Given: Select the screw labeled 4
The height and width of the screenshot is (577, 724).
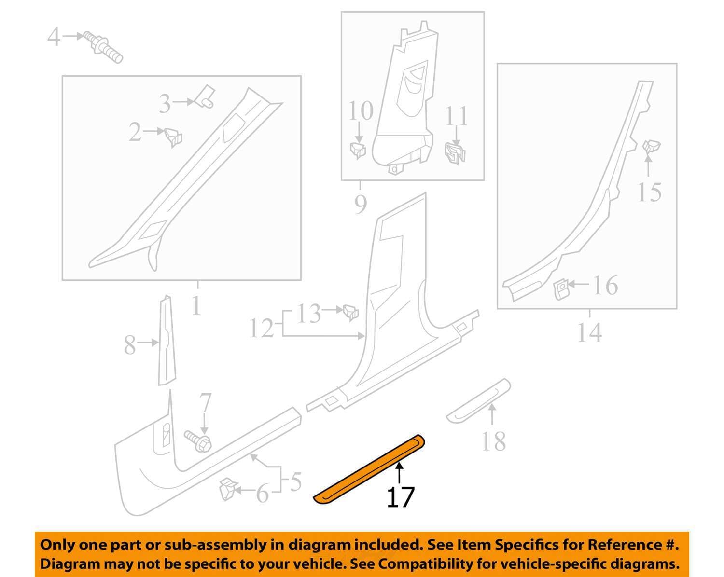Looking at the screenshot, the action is [x=103, y=47].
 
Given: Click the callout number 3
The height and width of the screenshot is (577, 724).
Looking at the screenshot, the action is [x=165, y=104].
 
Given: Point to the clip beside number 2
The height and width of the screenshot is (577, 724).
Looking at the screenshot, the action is [x=173, y=137].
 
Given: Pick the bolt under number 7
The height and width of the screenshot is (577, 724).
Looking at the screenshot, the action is [x=198, y=441].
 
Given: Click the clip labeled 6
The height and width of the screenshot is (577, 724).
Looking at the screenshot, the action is [x=228, y=489].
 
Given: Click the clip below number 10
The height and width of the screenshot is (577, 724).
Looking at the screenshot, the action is [x=358, y=150].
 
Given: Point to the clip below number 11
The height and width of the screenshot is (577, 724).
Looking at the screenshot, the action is [x=455, y=153].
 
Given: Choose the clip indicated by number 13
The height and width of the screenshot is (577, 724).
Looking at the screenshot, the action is [x=351, y=312].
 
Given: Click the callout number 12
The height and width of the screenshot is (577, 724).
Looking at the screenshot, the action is [x=262, y=328].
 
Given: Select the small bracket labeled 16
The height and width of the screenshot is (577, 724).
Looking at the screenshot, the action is [x=561, y=289].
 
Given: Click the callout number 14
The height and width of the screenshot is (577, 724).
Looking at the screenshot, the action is [x=589, y=332].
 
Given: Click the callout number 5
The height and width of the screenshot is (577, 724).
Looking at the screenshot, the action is [x=296, y=481].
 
